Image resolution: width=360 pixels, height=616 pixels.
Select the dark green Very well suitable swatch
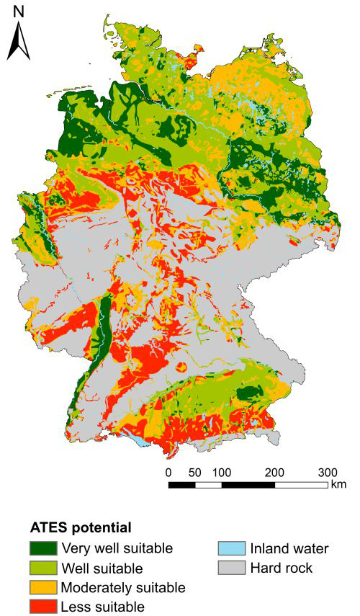pos(42,549)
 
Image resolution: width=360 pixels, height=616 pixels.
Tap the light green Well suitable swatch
pos(42,568)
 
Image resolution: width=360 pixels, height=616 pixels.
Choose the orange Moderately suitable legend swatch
pos(42,587)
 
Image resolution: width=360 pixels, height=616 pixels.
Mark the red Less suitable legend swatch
pos(42,606)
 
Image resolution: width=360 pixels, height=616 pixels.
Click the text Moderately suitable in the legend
pos(123,587)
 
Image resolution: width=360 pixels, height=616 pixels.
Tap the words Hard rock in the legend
pos(282,568)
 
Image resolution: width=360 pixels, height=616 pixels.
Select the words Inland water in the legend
pos(289,549)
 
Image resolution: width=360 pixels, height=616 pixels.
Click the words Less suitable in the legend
pos(103,606)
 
